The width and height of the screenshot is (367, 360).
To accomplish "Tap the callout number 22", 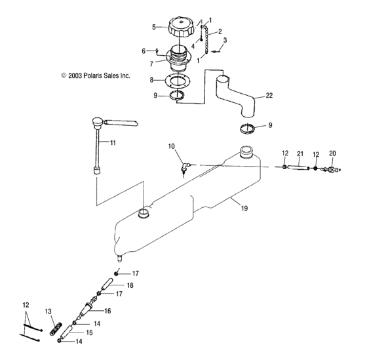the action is click(269, 95).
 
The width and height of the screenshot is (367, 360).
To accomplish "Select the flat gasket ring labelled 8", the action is click(178, 81).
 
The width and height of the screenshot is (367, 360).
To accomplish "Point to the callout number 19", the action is click(244, 208).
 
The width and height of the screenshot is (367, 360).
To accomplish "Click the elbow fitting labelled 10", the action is click(185, 168).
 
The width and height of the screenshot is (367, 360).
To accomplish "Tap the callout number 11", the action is click(113, 142).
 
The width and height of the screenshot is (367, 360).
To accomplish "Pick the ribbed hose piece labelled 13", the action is click(56, 329).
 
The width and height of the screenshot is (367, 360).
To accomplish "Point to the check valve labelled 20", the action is click(331, 169).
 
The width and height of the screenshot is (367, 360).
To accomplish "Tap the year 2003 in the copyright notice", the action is click(75, 75).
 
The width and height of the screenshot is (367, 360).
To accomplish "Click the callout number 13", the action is click(48, 311).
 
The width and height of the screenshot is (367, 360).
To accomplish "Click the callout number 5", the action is click(154, 27).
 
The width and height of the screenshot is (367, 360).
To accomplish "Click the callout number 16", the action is click(107, 311).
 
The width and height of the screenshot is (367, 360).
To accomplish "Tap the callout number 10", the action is click(172, 146).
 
